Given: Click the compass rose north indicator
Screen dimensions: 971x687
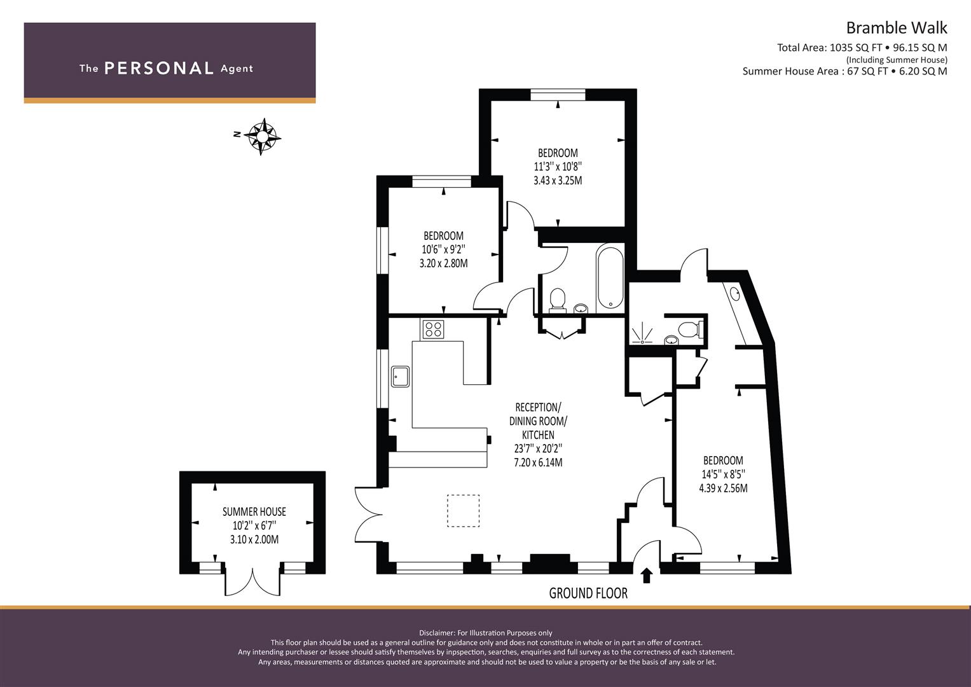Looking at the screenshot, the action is pyautogui.click(x=262, y=136).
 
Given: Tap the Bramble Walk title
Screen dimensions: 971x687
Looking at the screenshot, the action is pyautogui.click(x=897, y=28).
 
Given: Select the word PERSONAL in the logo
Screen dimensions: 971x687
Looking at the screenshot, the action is pyautogui.click(x=159, y=68).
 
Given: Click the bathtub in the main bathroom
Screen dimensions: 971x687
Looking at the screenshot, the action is pyautogui.click(x=610, y=277).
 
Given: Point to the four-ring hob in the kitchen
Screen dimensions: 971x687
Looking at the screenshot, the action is pyautogui.click(x=434, y=330).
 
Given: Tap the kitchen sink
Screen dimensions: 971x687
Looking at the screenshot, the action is pyautogui.click(x=401, y=376).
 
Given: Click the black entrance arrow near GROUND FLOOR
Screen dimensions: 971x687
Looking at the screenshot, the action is pyautogui.click(x=647, y=576).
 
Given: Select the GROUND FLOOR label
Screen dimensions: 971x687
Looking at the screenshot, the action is pyautogui.click(x=588, y=593).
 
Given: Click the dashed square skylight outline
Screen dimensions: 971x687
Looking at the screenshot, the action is pyautogui.click(x=464, y=511).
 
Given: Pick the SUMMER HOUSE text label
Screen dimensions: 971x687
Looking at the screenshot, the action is pyautogui.click(x=254, y=512).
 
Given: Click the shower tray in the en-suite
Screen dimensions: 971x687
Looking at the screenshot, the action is pyautogui.click(x=642, y=334).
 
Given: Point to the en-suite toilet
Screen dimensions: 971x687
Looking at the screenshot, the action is pyautogui.click(x=690, y=330).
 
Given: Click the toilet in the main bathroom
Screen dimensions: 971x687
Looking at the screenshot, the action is pyautogui.click(x=558, y=300).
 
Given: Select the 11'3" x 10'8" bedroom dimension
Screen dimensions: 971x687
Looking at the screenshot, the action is pyautogui.click(x=558, y=167).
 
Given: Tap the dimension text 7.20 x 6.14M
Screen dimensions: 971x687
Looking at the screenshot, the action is pyautogui.click(x=538, y=462).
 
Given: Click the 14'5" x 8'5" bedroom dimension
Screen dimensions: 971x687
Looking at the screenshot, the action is pyautogui.click(x=723, y=474).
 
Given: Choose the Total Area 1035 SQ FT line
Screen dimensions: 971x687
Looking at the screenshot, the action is pyautogui.click(x=862, y=48).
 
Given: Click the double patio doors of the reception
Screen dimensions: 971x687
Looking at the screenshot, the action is pyautogui.click(x=368, y=515).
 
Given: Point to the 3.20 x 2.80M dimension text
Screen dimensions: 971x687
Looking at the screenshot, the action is pyautogui.click(x=443, y=263).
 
